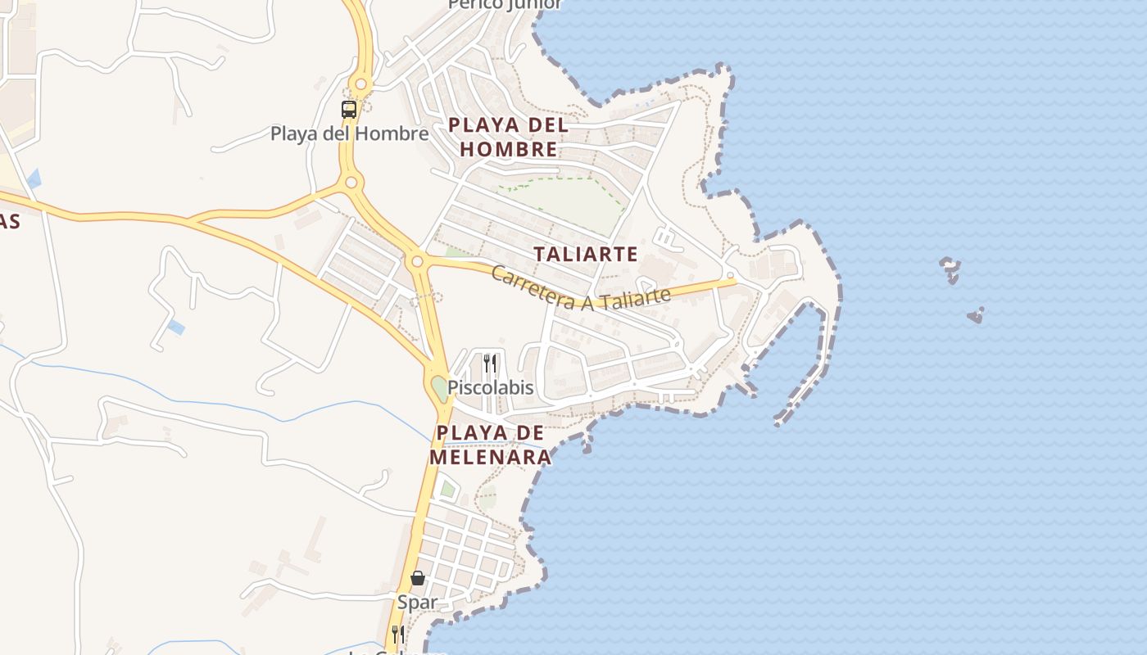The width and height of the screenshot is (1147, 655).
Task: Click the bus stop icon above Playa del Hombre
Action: coord(349,109)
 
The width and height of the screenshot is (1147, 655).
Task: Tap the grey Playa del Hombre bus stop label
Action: coord(349,133)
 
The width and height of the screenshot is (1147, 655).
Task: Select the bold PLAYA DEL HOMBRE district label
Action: coord(508,137)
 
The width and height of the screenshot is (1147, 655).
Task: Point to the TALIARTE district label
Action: coord(586,254)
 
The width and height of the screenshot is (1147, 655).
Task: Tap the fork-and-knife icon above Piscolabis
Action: coord(490,363)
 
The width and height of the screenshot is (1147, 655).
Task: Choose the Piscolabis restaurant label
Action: coord(490,387)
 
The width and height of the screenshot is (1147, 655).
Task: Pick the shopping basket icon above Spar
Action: coord(418,578)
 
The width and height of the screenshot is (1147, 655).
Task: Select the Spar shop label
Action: coord(418,603)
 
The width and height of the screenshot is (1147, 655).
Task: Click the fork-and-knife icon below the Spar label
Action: coord(397,633)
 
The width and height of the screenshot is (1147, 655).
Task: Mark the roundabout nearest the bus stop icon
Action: coord(360,84)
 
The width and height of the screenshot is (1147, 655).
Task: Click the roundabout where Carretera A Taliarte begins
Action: coord(418,262)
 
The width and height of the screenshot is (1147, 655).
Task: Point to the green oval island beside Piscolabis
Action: coord(441,388)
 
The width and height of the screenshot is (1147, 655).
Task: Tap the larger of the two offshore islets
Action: coord(950,268)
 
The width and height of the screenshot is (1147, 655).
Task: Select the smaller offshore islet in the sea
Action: coord(975,315)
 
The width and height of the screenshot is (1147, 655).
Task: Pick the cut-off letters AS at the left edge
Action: coord(10,222)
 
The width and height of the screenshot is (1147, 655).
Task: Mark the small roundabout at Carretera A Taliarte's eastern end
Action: coord(729,276)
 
